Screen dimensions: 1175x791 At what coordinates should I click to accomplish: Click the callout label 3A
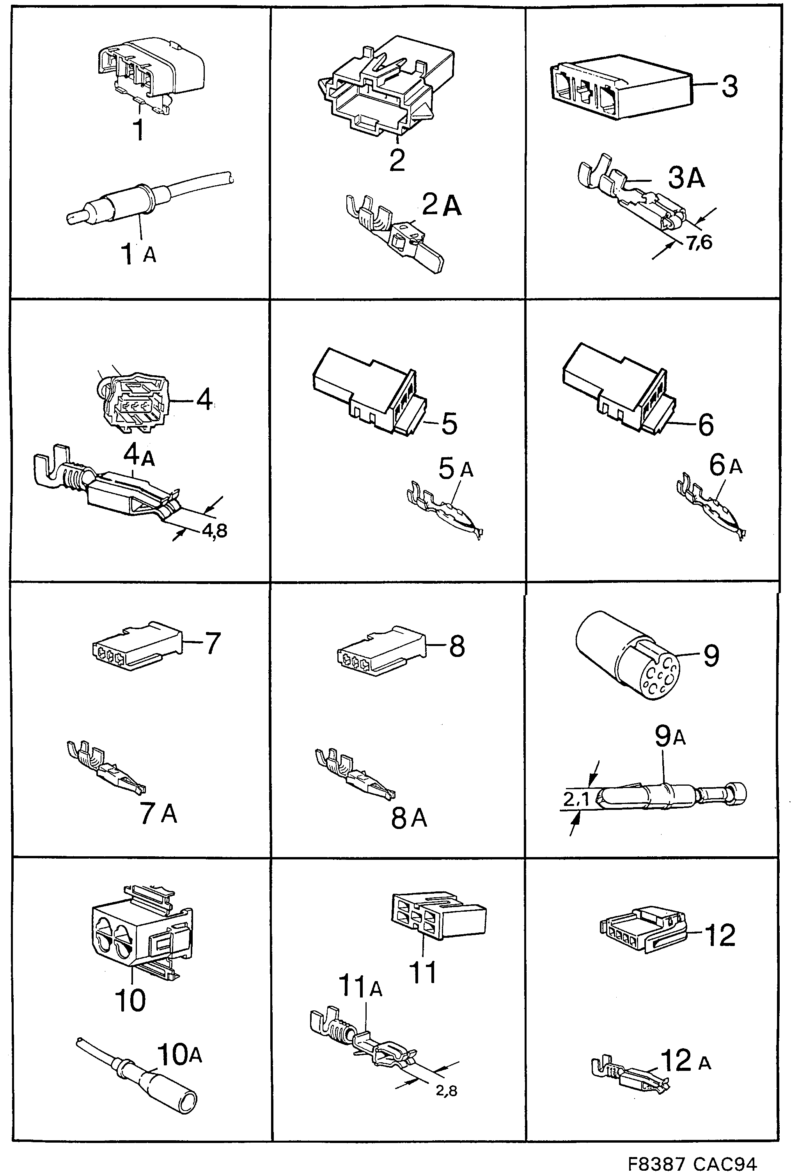pos(686,178)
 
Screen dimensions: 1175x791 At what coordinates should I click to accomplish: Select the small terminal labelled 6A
pos(711,509)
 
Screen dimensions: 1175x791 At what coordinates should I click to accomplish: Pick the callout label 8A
pos(409,818)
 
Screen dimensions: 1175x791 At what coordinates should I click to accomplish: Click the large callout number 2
pos(397,160)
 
